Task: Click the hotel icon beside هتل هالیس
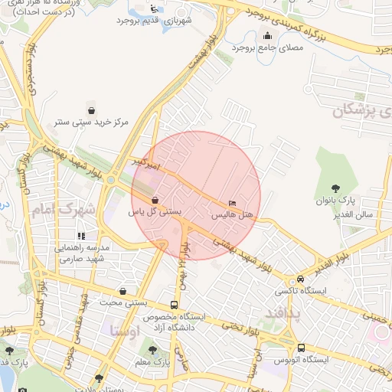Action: pos(232,204)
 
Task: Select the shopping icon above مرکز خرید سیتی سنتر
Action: pos(92,109)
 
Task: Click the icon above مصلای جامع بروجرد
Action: pos(267,34)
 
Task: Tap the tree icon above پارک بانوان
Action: pos(335,188)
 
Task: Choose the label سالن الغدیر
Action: pos(353,214)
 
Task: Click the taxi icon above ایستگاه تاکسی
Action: pos(300,279)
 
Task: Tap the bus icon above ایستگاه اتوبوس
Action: pos(301,346)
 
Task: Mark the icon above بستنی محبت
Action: pos(123,291)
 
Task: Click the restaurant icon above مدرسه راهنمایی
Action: pos(80,236)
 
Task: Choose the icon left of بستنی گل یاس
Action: pos(155,198)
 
